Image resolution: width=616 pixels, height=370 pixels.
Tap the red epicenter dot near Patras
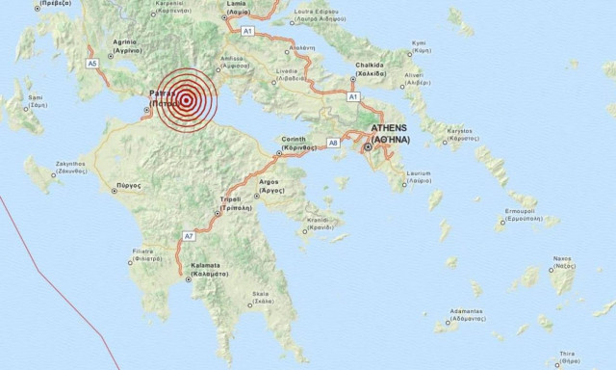(184, 98)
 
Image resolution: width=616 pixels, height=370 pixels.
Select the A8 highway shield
(333, 143)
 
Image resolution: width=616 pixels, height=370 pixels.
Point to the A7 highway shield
(189, 235)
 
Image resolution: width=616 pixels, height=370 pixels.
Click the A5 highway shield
(92, 63)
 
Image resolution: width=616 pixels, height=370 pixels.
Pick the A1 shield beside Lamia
(247, 32)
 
